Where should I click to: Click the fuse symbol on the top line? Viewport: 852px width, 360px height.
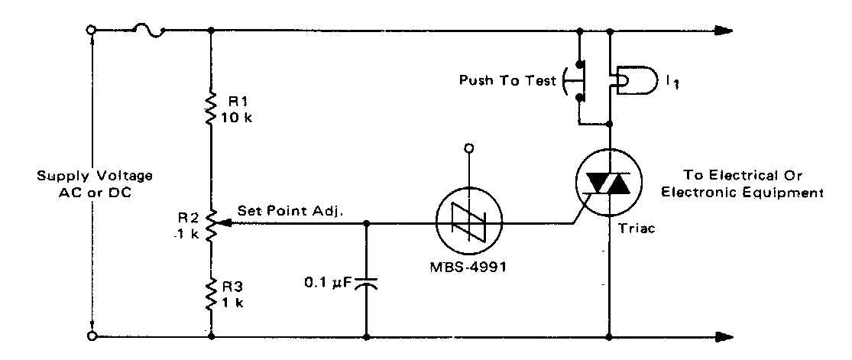coord(150,31)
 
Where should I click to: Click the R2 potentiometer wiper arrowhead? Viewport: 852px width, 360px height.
coord(222,223)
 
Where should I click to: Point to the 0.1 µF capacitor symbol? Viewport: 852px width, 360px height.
coord(366,283)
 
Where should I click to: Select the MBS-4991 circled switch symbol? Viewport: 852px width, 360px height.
coord(469,221)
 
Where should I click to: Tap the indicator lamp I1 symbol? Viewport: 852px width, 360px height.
coord(633,80)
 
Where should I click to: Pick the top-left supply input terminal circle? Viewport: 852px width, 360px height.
coord(92,31)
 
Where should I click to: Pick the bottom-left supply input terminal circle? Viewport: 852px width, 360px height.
coord(92,336)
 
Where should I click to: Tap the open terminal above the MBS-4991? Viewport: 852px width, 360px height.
coord(469,148)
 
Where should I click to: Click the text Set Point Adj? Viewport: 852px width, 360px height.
coord(290,211)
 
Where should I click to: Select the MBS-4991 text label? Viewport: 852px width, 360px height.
coord(468,268)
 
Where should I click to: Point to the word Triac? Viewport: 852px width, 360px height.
coord(637,229)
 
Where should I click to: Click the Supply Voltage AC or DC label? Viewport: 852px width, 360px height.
coord(94,183)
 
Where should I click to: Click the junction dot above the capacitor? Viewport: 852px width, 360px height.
coord(366,223)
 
